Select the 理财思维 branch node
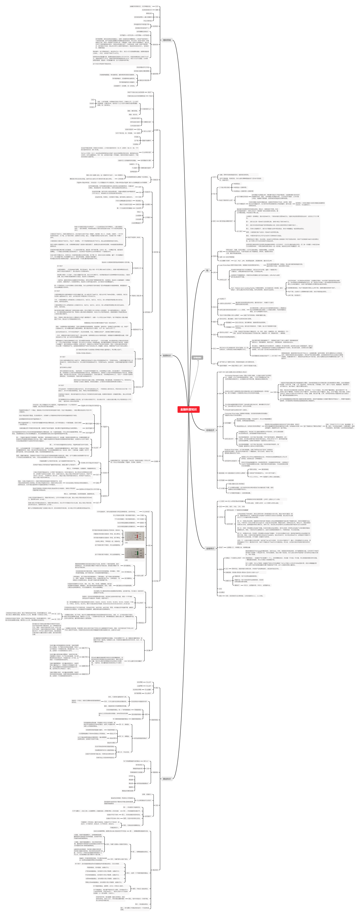click(167, 40)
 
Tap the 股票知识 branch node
click(167, 355)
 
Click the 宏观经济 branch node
click(210, 430)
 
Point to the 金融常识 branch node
click(210, 548)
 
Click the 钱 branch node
click(207, 270)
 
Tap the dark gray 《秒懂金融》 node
click(197, 357)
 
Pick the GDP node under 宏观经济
click(220, 372)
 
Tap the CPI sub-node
click(220, 426)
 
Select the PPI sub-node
click(220, 456)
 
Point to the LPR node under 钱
click(214, 272)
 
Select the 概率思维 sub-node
click(155, 74)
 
